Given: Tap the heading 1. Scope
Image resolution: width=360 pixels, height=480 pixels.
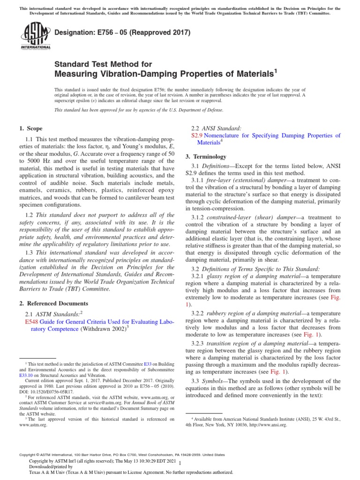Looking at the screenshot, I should pyautogui.click(x=30, y=128).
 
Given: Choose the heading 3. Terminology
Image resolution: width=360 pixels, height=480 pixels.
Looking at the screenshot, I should pyautogui.click(x=206, y=157).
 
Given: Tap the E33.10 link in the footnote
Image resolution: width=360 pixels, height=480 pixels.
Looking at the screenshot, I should pyautogui.click(x=26, y=375).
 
